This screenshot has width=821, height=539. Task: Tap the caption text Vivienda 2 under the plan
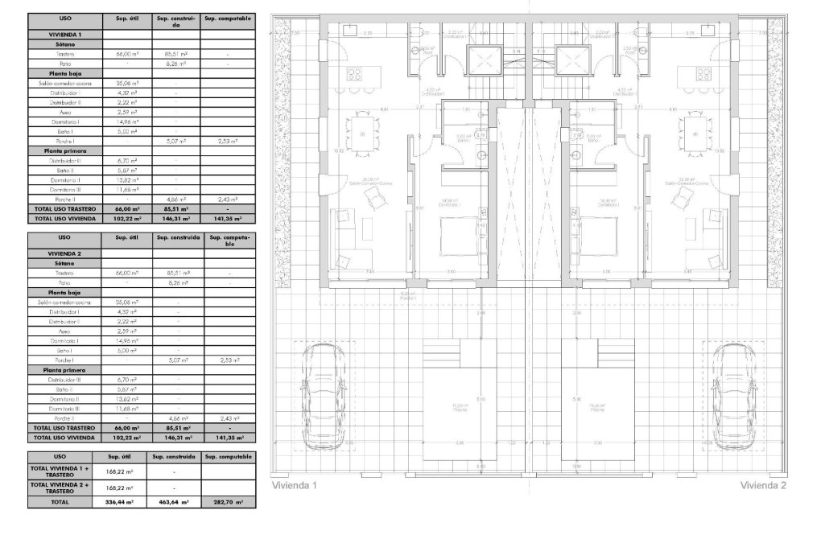(x=763, y=485)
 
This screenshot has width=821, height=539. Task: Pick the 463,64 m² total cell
(x=175, y=500)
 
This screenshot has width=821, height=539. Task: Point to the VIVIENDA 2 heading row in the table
(x=65, y=253)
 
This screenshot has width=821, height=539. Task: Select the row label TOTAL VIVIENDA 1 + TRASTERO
(x=65, y=471)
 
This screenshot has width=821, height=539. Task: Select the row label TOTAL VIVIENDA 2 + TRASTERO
(x=65, y=487)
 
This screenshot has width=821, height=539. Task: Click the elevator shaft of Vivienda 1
(x=485, y=60)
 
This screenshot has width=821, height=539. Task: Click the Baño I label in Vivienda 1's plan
(x=463, y=139)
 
